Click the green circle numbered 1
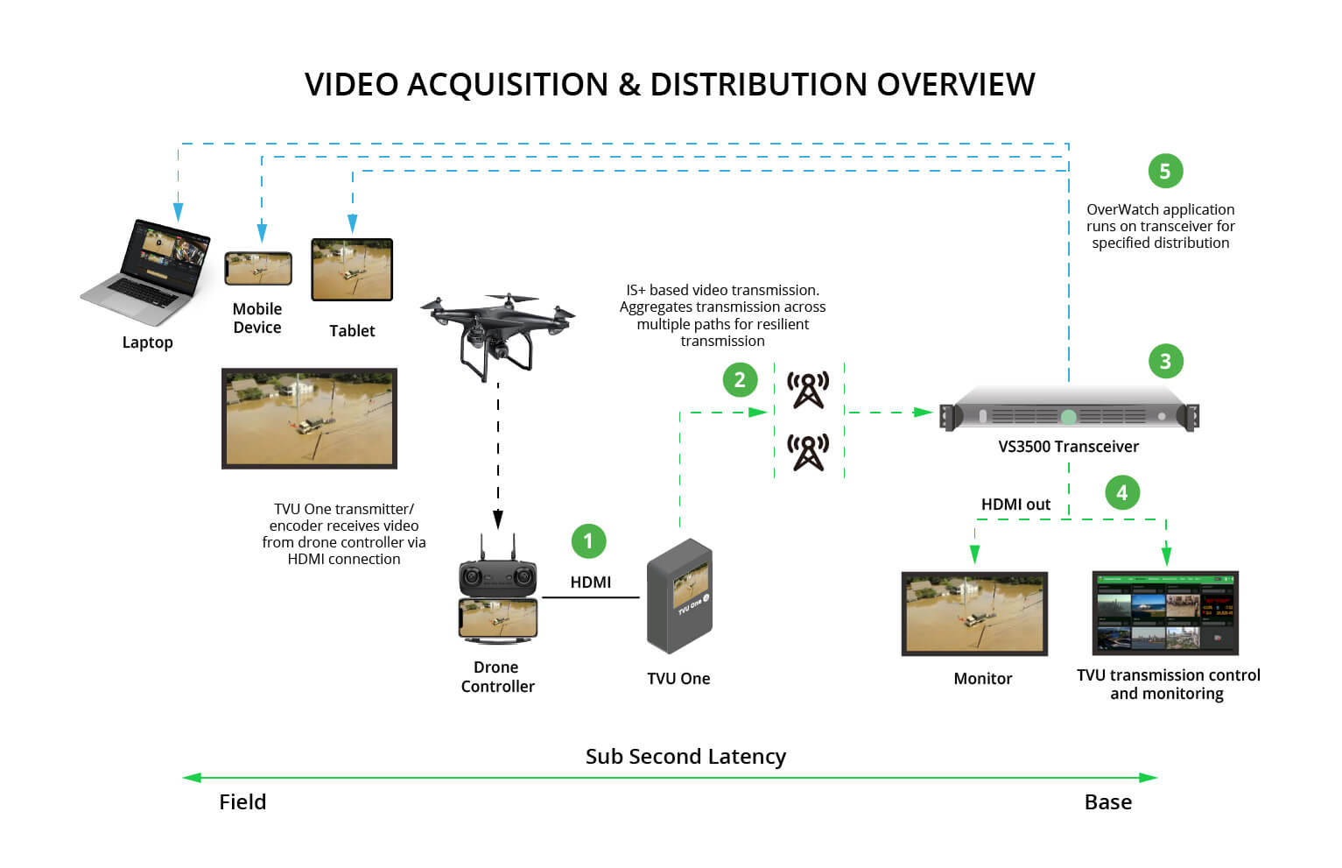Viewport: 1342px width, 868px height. click(588, 541)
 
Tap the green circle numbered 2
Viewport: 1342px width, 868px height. click(740, 379)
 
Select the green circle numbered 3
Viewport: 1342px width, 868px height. click(1165, 361)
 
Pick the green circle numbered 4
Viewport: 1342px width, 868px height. click(1122, 492)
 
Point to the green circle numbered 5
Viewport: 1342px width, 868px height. click(1165, 171)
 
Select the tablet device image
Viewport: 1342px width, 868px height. click(352, 270)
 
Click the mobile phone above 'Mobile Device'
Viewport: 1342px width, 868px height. click(258, 269)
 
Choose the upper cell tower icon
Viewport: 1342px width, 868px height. click(808, 391)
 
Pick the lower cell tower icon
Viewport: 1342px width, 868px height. click(808, 453)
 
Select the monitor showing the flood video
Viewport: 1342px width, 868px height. click(974, 613)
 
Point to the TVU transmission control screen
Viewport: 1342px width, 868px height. click(1165, 613)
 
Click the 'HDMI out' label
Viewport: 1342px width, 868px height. click(1015, 505)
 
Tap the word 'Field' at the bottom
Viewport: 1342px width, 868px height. click(242, 802)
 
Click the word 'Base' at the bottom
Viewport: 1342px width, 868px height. click(1107, 802)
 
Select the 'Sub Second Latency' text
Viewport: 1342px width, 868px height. click(685, 757)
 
